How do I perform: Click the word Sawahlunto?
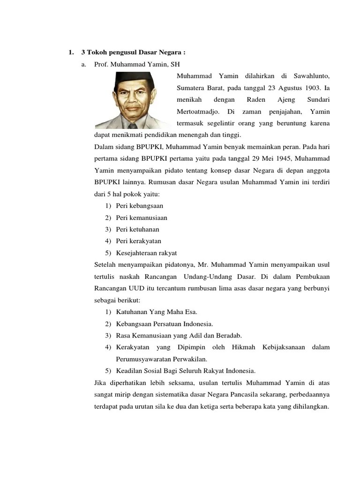point(312,75)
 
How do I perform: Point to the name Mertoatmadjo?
point(197,112)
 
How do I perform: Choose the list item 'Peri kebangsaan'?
point(140,205)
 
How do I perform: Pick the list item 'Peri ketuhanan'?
point(138,229)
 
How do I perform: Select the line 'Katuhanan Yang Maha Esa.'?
point(157,311)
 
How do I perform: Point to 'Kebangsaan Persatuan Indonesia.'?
point(165,323)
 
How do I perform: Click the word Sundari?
point(318,99)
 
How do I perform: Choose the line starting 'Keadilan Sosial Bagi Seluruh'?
point(186,371)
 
